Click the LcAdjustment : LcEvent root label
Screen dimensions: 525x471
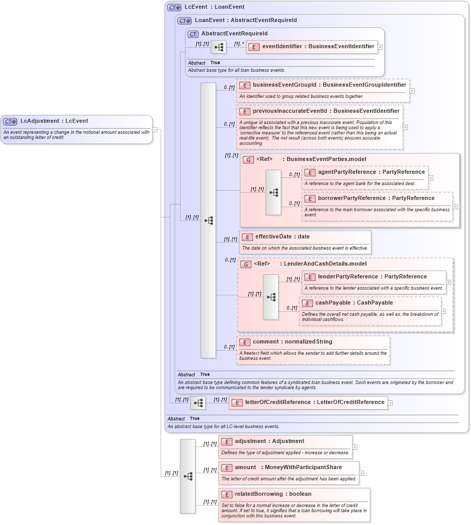54,122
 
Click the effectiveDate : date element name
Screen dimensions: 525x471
282,237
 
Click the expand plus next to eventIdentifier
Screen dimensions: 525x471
380,47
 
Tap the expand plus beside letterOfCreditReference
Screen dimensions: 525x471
390,403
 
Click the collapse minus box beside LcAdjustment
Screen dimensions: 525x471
155,130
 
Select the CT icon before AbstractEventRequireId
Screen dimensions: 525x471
193,34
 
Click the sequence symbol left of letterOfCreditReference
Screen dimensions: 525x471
198,403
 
